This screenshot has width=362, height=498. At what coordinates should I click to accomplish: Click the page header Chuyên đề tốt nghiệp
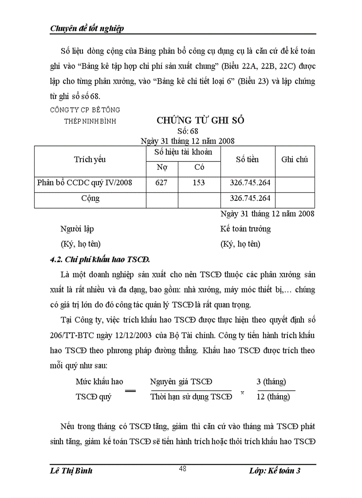(87, 28)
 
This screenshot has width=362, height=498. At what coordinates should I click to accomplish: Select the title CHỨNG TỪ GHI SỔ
(201, 121)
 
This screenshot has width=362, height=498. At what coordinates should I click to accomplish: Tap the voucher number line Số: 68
(188, 131)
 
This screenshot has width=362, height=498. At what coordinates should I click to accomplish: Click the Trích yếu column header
(90, 160)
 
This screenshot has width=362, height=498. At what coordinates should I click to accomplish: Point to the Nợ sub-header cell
(162, 168)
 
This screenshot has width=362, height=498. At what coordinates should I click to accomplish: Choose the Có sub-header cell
(199, 168)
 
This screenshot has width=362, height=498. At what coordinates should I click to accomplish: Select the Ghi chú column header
(295, 160)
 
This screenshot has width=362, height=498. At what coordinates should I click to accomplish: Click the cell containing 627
(161, 182)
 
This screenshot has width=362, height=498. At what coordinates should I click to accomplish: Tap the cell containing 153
(199, 182)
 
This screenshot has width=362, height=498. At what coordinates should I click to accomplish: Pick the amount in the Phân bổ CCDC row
(250, 182)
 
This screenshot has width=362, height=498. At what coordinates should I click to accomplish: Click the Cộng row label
(90, 198)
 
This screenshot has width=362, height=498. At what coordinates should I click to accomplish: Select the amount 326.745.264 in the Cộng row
(250, 198)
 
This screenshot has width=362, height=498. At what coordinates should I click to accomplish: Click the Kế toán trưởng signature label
(245, 229)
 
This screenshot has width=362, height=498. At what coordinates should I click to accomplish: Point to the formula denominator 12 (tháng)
(273, 396)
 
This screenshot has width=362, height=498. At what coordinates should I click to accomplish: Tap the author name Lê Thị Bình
(71, 471)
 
